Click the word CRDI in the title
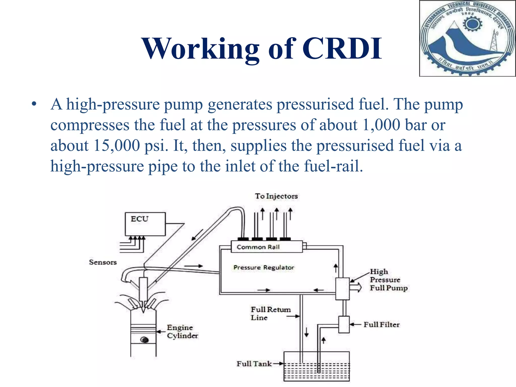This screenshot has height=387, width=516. tap(342, 48)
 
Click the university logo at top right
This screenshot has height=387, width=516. tap(467, 38)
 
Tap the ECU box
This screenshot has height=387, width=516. tap(145, 224)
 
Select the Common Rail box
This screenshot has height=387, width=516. tap(267, 247)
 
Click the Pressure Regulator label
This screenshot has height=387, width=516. tap(264, 267)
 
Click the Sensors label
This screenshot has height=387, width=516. tap(103, 262)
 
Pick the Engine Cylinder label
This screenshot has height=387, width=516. tap(182, 332)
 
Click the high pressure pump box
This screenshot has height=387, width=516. tap(342, 289)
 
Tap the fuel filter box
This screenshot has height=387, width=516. tap(344, 325)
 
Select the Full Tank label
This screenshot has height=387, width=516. tap(254, 364)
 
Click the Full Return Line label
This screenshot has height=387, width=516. tap(270, 313)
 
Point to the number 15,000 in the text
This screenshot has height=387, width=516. tap(116, 146)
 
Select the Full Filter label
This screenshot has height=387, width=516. tap(381, 325)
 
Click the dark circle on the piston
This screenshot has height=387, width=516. tap(144, 340)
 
